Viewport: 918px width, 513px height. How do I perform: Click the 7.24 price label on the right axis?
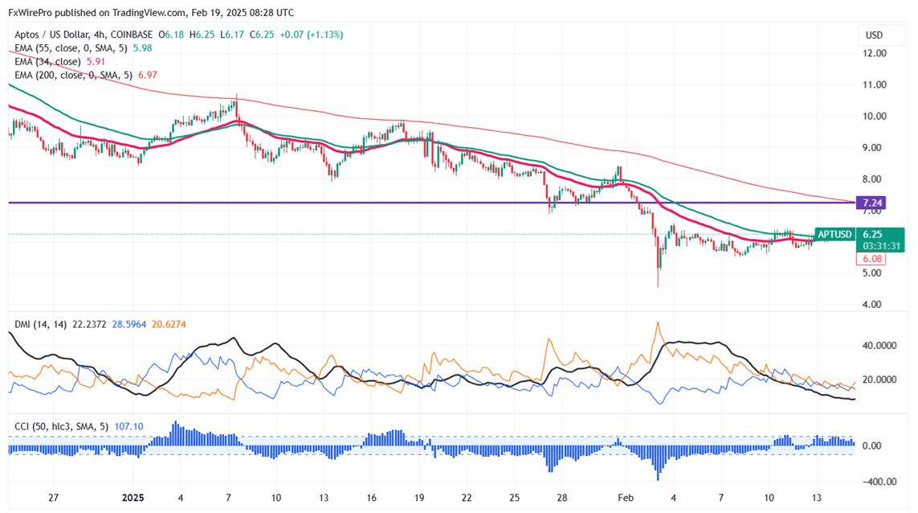(873, 203)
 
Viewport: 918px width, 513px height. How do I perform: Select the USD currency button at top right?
(873, 35)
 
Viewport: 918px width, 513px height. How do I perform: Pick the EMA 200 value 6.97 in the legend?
(150, 75)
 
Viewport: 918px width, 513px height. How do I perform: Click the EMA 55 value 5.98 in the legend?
(142, 48)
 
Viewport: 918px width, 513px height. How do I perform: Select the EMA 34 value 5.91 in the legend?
(96, 61)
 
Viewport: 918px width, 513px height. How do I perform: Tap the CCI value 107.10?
(128, 426)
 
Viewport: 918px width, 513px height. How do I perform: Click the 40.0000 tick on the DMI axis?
(879, 346)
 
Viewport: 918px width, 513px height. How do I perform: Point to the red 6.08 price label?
(872, 259)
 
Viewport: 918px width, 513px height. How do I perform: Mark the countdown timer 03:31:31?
(880, 245)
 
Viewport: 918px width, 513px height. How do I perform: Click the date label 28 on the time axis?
(562, 497)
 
